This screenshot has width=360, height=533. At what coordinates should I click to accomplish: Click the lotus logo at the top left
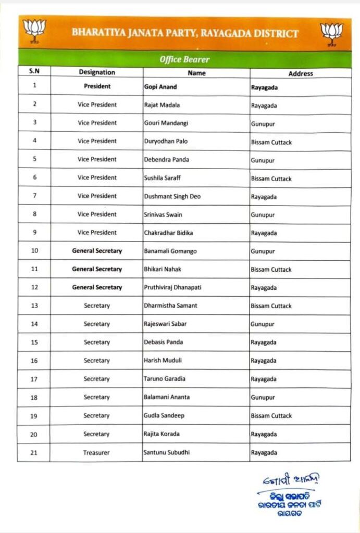[x=35, y=30]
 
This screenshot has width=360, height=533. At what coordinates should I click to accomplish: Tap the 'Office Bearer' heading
[x=184, y=59]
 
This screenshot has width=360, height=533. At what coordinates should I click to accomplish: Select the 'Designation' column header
[x=97, y=72]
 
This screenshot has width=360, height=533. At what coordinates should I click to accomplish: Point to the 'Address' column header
[x=300, y=73]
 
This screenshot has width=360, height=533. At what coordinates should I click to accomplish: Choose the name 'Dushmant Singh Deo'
[x=172, y=196]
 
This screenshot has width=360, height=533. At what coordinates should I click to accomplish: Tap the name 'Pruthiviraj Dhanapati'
[x=173, y=287]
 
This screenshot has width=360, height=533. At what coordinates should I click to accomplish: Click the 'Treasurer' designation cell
[x=96, y=453]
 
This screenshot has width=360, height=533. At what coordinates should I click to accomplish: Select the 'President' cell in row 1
[x=97, y=86]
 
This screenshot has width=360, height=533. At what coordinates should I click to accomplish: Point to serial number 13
[x=34, y=306]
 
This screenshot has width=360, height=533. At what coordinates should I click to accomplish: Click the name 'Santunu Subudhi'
[x=166, y=452]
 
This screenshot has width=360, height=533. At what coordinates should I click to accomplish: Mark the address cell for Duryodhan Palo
[x=271, y=142]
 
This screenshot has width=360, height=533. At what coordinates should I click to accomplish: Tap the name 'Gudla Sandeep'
[x=164, y=415]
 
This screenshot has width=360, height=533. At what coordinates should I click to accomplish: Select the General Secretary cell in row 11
[x=97, y=269]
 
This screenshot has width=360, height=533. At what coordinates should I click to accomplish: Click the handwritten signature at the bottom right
[x=291, y=479]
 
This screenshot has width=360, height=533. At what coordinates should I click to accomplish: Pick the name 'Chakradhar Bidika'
[x=168, y=233]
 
